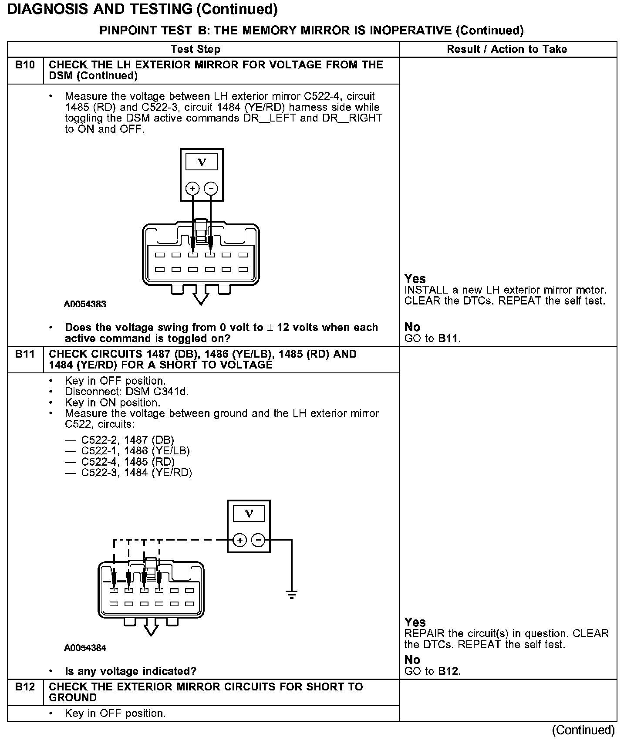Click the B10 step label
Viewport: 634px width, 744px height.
coord(25,65)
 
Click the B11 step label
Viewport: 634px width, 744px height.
coord(25,354)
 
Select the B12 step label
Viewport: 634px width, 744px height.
coord(25,687)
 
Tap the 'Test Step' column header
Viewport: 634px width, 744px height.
coord(195,49)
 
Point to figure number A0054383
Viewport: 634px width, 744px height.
coord(85,304)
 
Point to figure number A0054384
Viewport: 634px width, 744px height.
coord(85,648)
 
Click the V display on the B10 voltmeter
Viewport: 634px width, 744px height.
coord(202,162)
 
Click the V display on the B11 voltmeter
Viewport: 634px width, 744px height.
coord(249,514)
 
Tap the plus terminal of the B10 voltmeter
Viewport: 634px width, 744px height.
coord(192,189)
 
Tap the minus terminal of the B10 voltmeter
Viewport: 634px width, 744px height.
coord(211,189)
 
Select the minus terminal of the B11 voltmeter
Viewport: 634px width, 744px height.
coord(258,540)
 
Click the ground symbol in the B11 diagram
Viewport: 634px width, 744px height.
coord(291,594)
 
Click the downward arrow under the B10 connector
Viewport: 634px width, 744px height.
coord(200,298)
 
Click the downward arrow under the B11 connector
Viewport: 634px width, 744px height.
coord(151,629)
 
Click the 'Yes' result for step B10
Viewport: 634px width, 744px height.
coord(415,279)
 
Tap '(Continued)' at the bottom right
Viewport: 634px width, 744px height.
coord(583,730)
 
